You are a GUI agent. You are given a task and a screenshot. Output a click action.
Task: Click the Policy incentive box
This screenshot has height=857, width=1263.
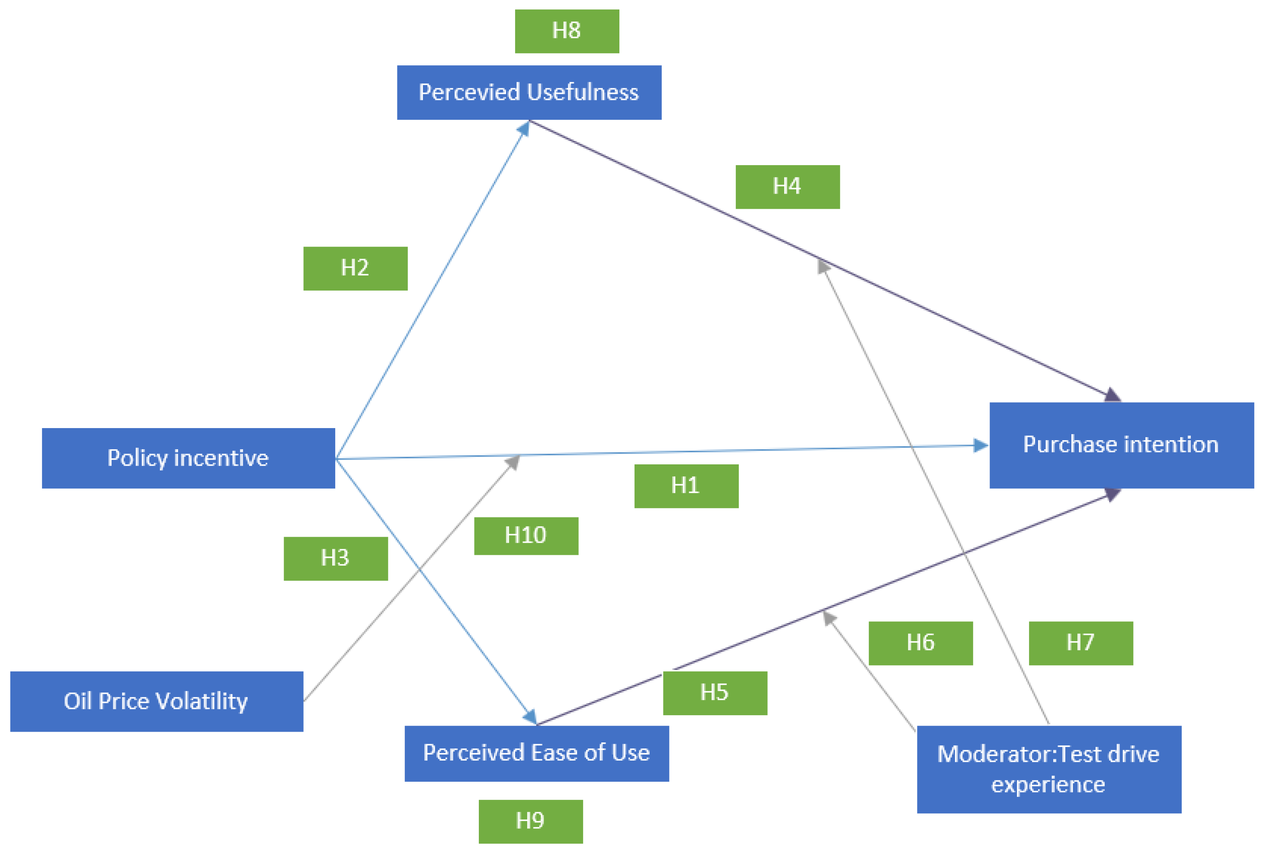[x=188, y=458]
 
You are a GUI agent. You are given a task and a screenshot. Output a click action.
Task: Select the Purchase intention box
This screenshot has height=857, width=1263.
[x=1121, y=445]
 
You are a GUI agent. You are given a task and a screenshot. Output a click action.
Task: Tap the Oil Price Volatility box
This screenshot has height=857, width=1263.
[x=157, y=701]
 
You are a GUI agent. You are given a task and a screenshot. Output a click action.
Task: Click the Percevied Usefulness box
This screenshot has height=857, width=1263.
[x=529, y=93]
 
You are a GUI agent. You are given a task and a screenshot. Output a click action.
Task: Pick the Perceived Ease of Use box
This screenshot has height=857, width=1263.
[x=536, y=753]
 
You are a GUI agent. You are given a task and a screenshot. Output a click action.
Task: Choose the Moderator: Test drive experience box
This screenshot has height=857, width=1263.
[x=1048, y=769]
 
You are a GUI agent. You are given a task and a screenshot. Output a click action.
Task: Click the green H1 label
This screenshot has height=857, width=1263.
[x=686, y=486]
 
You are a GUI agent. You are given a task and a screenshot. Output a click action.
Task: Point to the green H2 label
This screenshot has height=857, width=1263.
[x=355, y=269]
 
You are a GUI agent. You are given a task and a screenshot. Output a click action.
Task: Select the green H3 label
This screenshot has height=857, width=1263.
[x=335, y=559]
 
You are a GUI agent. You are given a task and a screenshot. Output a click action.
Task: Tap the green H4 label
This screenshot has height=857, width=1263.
[x=787, y=186]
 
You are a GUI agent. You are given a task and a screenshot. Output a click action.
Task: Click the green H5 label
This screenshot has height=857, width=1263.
[x=715, y=693]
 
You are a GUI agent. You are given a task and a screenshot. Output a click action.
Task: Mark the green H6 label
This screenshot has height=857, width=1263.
[x=920, y=643]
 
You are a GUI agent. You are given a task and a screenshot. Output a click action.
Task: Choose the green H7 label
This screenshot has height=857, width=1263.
[x=1080, y=643]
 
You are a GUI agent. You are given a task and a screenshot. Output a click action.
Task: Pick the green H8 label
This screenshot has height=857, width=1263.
[x=566, y=31]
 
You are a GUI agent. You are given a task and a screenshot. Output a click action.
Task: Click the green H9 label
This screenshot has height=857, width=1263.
[x=530, y=821]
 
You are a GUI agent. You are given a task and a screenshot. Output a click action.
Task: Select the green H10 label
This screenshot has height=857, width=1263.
[x=526, y=536]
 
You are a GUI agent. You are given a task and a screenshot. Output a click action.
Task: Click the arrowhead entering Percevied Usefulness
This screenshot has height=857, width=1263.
[x=524, y=128]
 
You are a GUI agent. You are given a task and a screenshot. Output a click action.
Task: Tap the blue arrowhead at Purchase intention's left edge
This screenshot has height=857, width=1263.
[x=981, y=446]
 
